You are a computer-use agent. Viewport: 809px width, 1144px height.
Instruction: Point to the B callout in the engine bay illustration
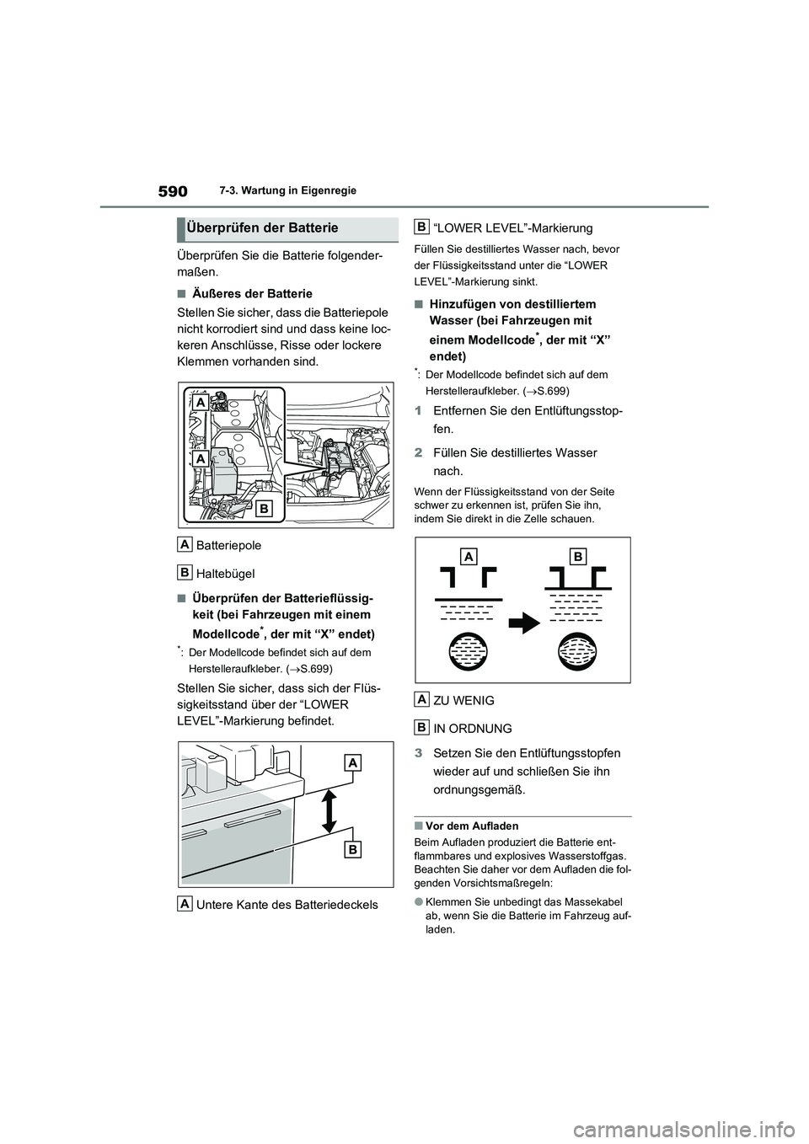264,508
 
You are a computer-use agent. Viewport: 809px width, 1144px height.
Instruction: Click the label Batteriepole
228,545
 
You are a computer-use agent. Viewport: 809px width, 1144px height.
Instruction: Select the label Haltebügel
225,573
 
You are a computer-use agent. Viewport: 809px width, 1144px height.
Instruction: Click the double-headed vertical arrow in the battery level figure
329,811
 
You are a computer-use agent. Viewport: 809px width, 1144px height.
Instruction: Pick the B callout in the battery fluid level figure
351,849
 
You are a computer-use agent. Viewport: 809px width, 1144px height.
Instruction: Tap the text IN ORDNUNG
472,728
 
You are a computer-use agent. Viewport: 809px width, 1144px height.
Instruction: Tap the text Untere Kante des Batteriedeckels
287,905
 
